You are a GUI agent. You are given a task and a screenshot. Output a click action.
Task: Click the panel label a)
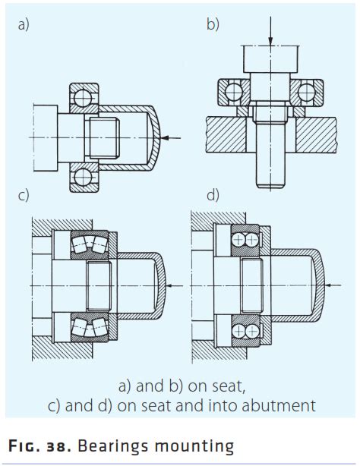tap(24, 24)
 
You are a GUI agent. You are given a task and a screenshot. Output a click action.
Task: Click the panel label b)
tap(213, 24)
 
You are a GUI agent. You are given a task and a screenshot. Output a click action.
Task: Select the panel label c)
tap(24, 196)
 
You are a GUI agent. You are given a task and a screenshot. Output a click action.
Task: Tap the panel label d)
tap(213, 196)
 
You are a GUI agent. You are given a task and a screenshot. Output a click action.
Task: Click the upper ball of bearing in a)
tap(83, 98)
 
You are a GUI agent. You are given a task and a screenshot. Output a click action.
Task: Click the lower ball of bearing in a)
tap(83, 178)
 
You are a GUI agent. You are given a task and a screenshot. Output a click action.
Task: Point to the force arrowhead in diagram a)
tap(165, 137)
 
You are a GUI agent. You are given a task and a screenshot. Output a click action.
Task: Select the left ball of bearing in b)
tap(234, 92)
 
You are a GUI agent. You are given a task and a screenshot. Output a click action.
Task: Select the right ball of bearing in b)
tap(307, 92)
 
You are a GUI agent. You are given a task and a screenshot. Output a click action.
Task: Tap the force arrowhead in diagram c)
tap(169, 285)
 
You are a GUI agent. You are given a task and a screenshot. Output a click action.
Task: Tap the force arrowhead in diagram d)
tap(328, 285)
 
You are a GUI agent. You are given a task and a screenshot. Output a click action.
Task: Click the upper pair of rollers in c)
tap(90, 244)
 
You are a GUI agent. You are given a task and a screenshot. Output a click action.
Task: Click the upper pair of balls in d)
tap(245, 240)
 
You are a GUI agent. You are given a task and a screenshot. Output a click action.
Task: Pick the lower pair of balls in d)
tap(245, 331)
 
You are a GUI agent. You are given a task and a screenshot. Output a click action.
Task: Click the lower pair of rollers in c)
tap(90, 327)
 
